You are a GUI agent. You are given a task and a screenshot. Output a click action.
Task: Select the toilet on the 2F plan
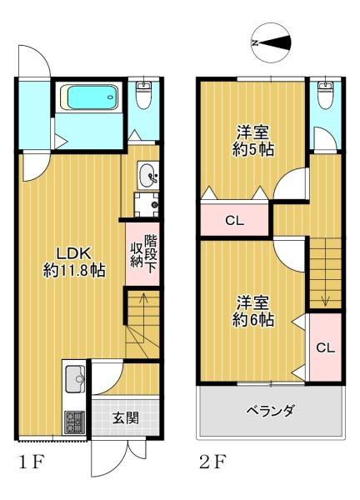pos(326,96)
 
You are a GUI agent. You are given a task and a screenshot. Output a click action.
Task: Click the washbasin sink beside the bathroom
pos(147,175)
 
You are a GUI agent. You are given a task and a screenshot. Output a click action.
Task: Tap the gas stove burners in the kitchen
pos(73,421)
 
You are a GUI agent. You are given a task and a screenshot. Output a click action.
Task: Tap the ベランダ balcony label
pos(271,411)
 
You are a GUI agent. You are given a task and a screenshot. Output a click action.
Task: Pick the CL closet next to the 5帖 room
pos(234,221)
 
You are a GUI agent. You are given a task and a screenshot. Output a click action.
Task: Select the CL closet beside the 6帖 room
pos(326,347)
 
